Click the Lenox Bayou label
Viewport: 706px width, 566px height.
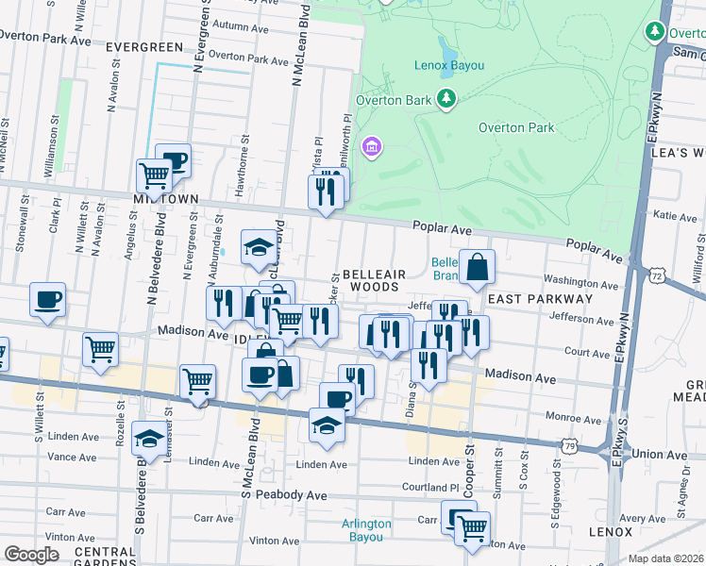tap(448, 66)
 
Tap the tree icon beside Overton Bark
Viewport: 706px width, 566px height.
tap(446, 99)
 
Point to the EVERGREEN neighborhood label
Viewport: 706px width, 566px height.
tap(144, 46)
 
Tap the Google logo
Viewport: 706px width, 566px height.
tap(31, 555)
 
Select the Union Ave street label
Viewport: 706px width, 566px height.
tap(660, 455)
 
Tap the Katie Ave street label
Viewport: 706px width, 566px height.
tap(675, 216)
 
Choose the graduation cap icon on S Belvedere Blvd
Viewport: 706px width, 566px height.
tap(148, 438)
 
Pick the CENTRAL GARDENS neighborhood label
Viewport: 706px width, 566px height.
tap(105, 557)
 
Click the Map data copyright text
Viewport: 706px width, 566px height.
tap(666, 558)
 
